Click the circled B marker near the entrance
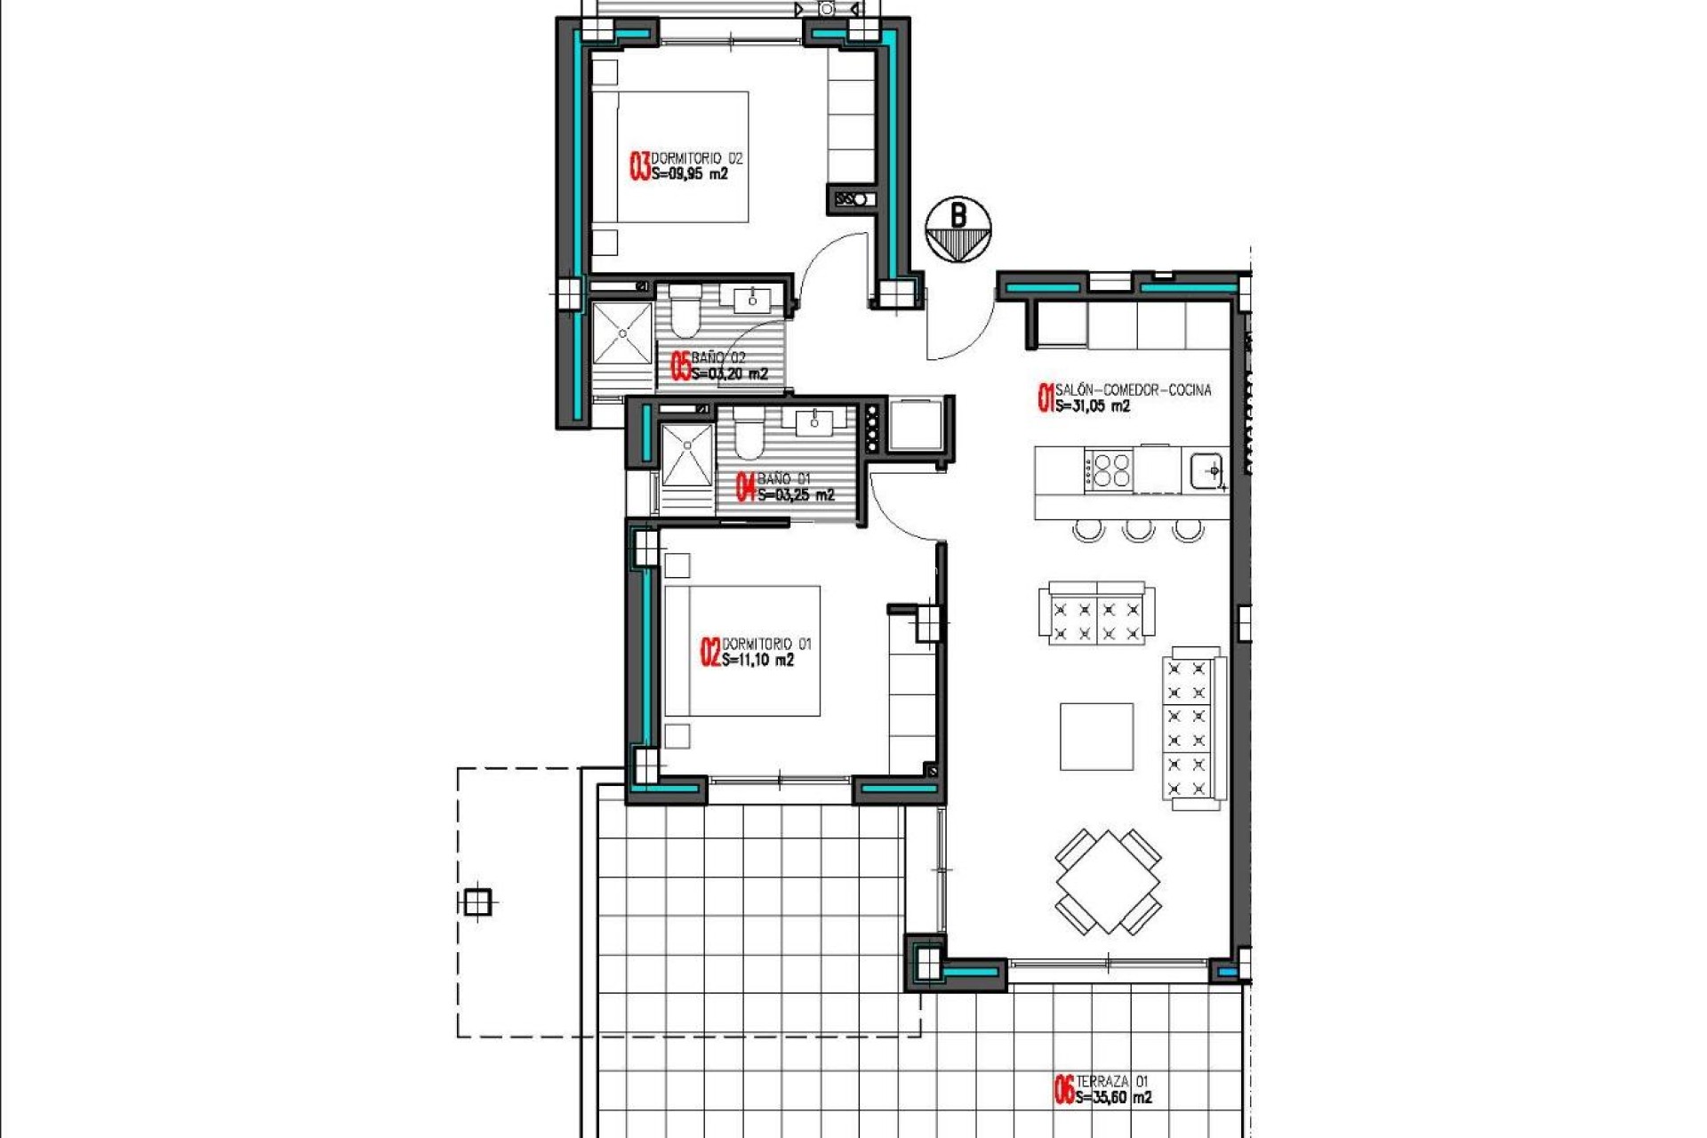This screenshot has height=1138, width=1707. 958,229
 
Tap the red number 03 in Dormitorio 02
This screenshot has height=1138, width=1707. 639,166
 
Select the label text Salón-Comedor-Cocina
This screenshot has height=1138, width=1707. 1133,389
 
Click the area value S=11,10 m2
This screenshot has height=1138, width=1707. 757,661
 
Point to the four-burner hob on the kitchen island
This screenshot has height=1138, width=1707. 1110,469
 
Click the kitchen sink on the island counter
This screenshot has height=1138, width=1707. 1206,470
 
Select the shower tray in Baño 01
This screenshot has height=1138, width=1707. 686,455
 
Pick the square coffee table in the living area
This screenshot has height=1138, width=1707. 1096,736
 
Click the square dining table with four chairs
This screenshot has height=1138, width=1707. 1108,882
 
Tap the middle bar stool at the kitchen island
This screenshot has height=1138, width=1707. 1138,531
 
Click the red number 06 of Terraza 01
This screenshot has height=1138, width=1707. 1063,1090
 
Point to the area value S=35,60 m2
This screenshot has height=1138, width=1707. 1113,1098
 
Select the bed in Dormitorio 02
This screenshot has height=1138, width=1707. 682,156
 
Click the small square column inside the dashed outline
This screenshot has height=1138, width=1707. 477,902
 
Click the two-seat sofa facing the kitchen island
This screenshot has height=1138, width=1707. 1096,613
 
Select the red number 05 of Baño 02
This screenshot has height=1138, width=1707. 680,366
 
